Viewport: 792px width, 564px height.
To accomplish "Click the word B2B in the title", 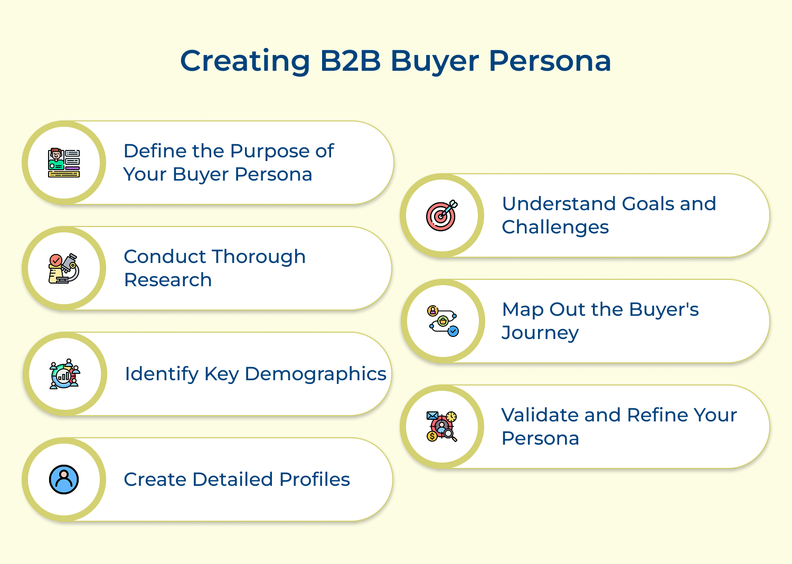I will [350, 61].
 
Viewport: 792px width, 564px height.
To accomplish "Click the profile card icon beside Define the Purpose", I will [64, 163].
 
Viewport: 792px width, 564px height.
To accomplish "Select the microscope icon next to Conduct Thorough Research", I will [64, 268].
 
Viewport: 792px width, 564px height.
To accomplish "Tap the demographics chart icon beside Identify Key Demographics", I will [64, 374].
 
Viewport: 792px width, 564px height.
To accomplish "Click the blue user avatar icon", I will [64, 480].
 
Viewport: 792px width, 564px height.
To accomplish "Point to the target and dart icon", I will [442, 215].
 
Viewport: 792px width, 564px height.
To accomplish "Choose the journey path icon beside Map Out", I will [443, 321].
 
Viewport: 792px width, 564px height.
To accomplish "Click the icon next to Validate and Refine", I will [442, 427].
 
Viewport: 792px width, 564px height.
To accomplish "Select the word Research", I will [168, 280].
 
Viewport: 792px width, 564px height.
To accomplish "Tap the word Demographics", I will [315, 374].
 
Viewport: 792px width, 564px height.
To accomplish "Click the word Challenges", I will [555, 227].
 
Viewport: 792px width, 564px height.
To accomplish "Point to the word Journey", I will [540, 333].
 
